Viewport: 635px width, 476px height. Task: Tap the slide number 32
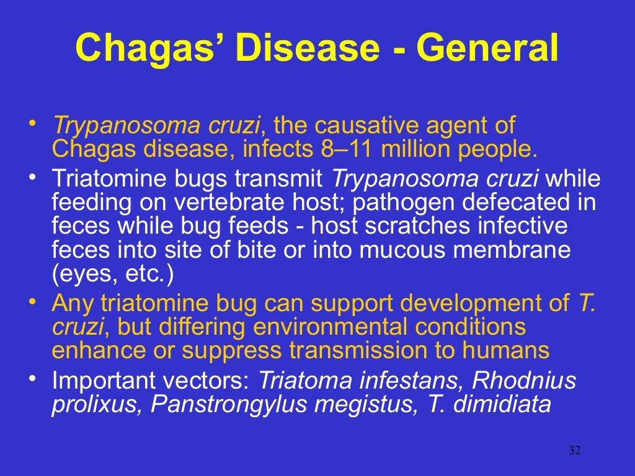(x=574, y=451)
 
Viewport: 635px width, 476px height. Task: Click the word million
(x=417, y=149)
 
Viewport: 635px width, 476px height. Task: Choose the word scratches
(x=415, y=226)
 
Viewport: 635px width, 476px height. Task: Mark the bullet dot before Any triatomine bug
(x=33, y=301)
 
